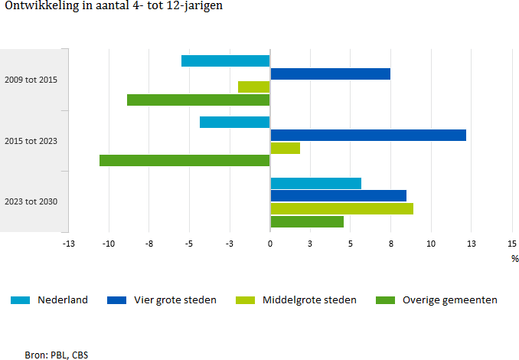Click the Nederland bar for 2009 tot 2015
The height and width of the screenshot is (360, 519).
click(226, 61)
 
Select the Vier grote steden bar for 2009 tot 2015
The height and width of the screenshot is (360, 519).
click(330, 74)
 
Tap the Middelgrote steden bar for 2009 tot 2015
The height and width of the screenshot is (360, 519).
click(254, 87)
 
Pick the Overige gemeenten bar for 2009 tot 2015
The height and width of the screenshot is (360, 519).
click(198, 100)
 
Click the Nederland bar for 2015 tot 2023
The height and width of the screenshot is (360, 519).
click(235, 122)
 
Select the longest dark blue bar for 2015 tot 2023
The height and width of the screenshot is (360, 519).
click(368, 135)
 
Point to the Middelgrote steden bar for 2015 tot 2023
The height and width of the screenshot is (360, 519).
click(285, 148)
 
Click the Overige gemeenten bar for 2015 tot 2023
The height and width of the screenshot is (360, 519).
click(184, 160)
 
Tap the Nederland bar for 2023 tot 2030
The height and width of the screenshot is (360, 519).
click(315, 183)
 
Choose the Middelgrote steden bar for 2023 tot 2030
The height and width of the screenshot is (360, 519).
click(341, 208)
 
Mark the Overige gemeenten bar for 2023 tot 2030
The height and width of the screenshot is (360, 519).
click(307, 221)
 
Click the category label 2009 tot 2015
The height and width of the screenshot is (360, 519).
click(31, 80)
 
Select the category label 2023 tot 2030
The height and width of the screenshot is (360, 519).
click(31, 202)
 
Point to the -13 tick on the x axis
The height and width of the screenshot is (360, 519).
click(68, 244)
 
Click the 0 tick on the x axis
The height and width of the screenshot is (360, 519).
click(269, 244)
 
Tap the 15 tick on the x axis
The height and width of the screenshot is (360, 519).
click(511, 244)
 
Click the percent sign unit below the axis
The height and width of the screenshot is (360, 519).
click(514, 259)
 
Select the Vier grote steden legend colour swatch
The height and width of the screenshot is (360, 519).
click(116, 300)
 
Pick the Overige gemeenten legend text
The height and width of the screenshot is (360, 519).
click(450, 300)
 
